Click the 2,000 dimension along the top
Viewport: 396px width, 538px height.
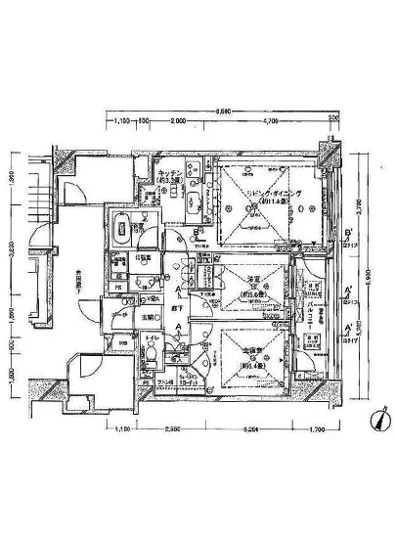(176, 120)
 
